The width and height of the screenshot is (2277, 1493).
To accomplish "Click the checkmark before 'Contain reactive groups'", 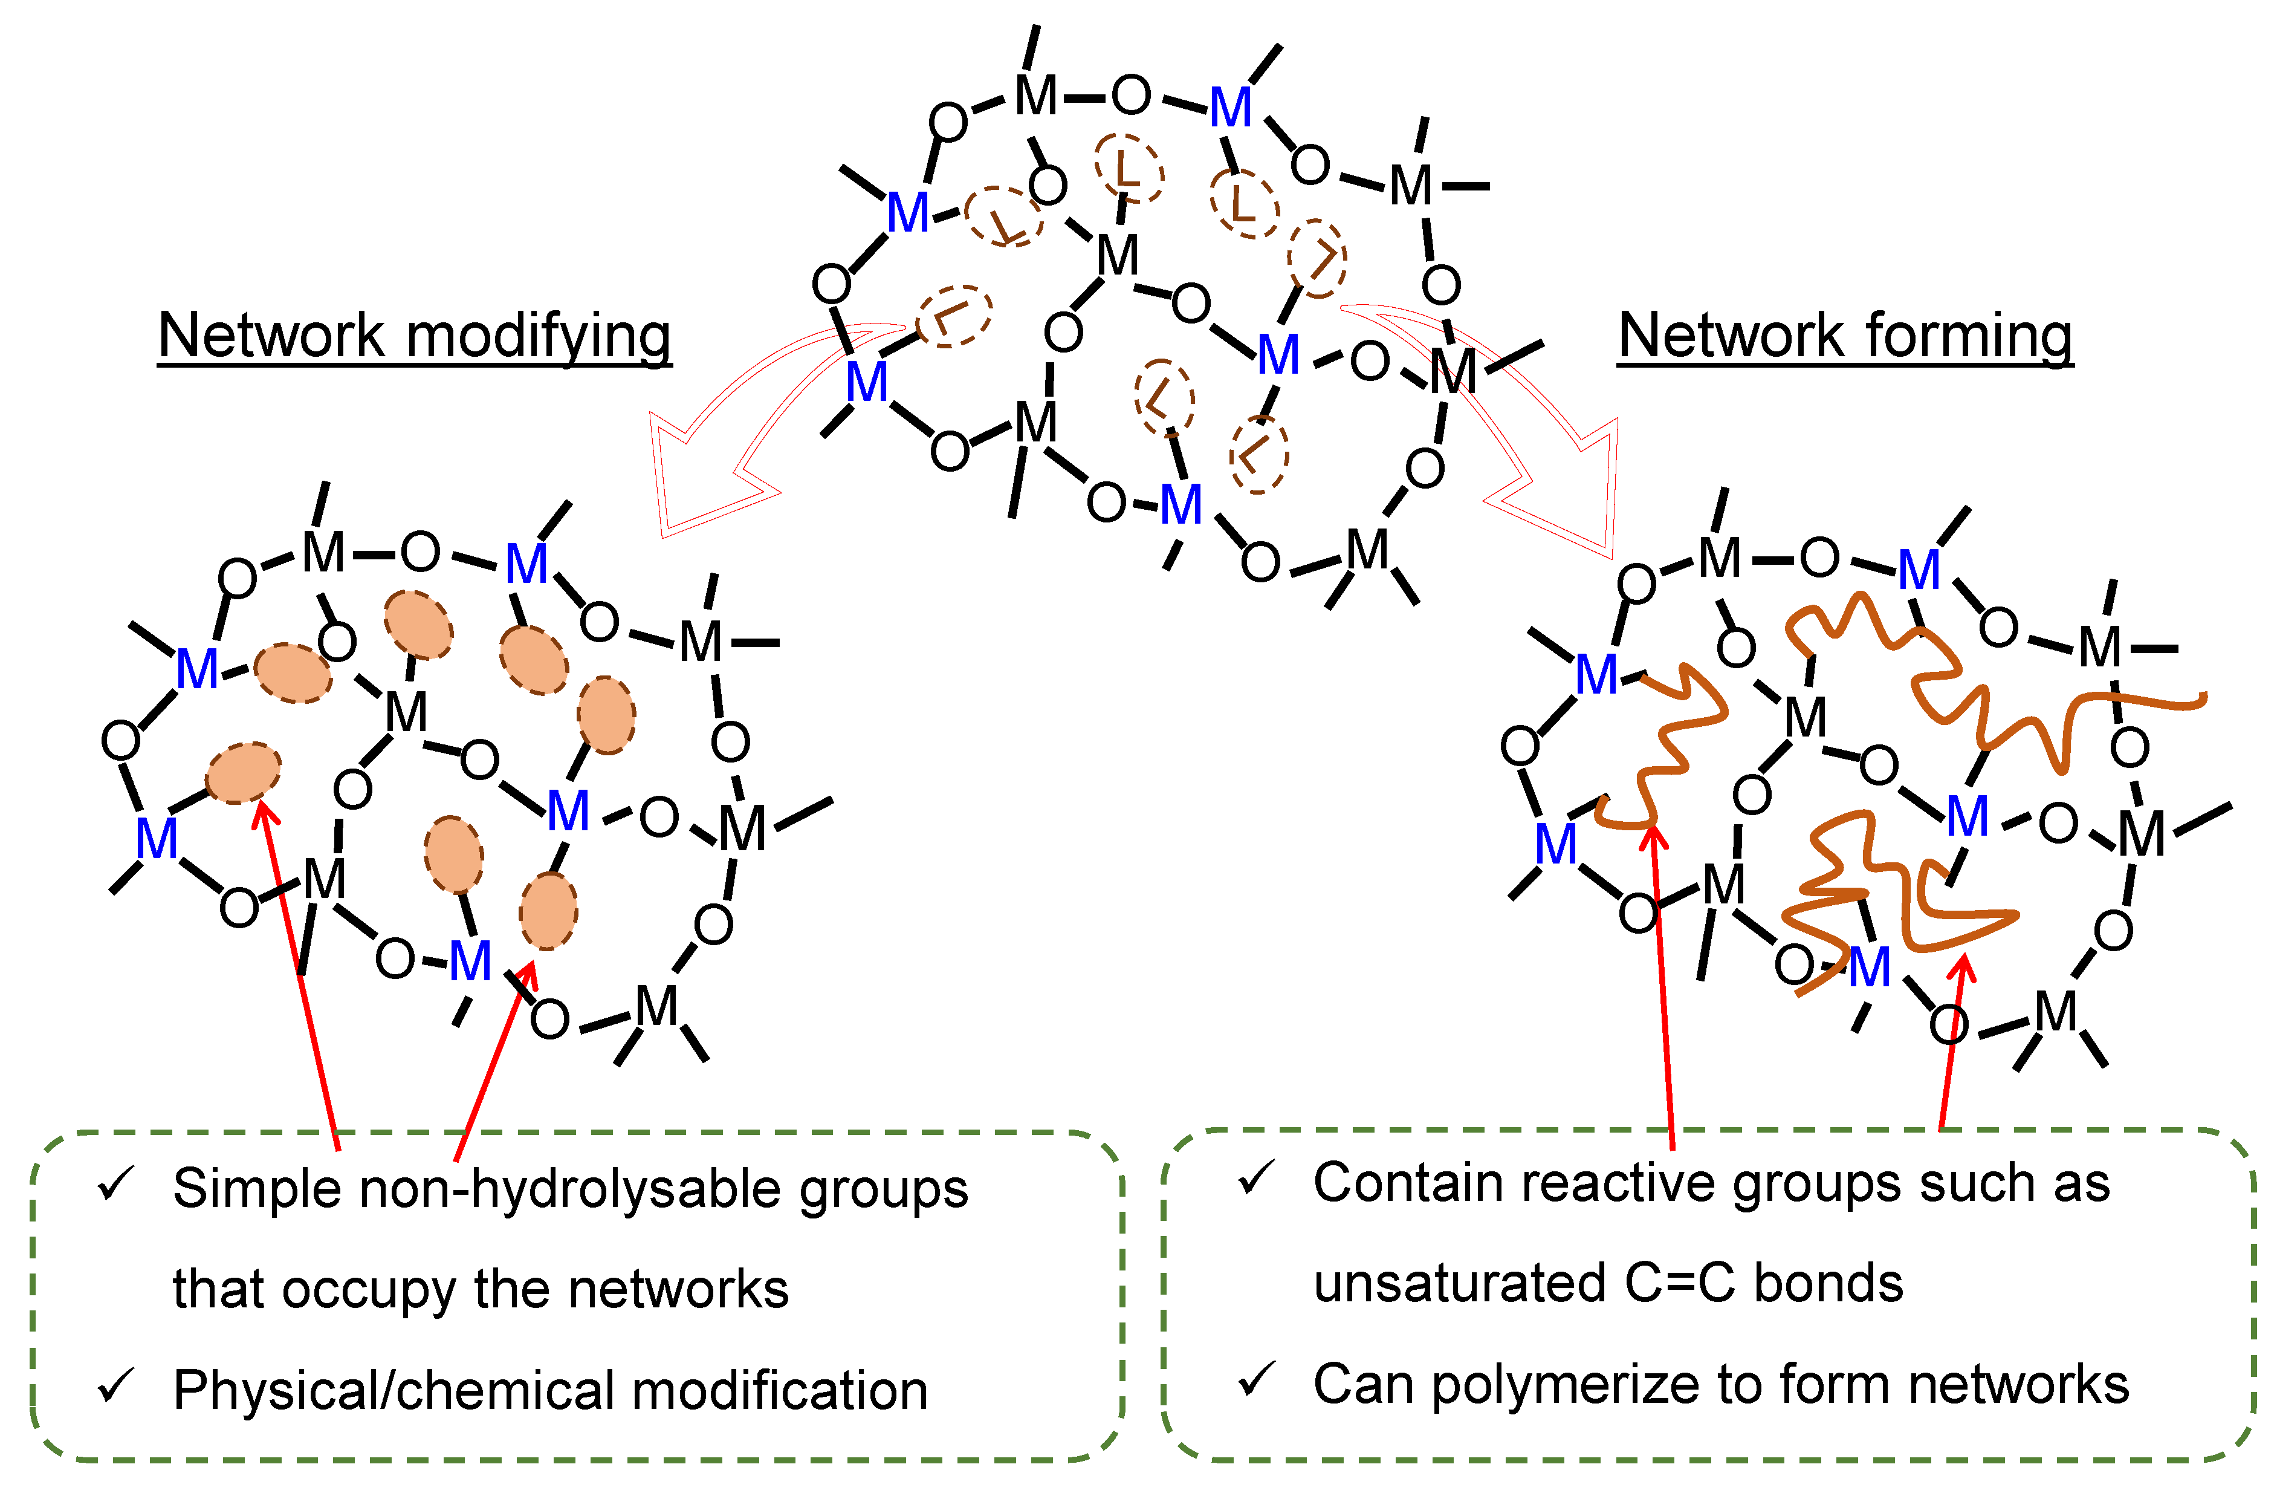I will pos(1256,1179).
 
